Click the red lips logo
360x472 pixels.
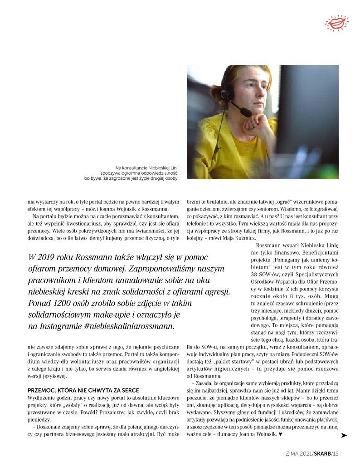coord(337,22)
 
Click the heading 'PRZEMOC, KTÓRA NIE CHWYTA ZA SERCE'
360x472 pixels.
coord(83,391)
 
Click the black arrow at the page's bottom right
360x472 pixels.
coord(344,435)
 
